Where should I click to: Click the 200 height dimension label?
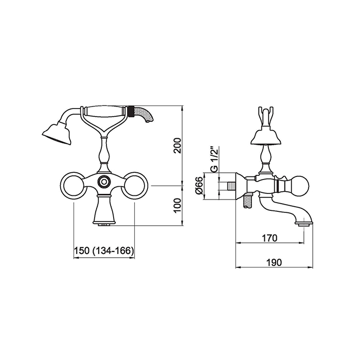click(x=177, y=146)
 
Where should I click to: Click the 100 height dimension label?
click(x=177, y=206)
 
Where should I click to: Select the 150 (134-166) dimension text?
click(x=104, y=250)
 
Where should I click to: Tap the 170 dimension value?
click(x=270, y=238)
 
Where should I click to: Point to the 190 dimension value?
click(x=274, y=262)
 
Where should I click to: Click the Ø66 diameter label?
click(x=200, y=186)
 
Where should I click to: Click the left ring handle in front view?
click(x=74, y=186)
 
